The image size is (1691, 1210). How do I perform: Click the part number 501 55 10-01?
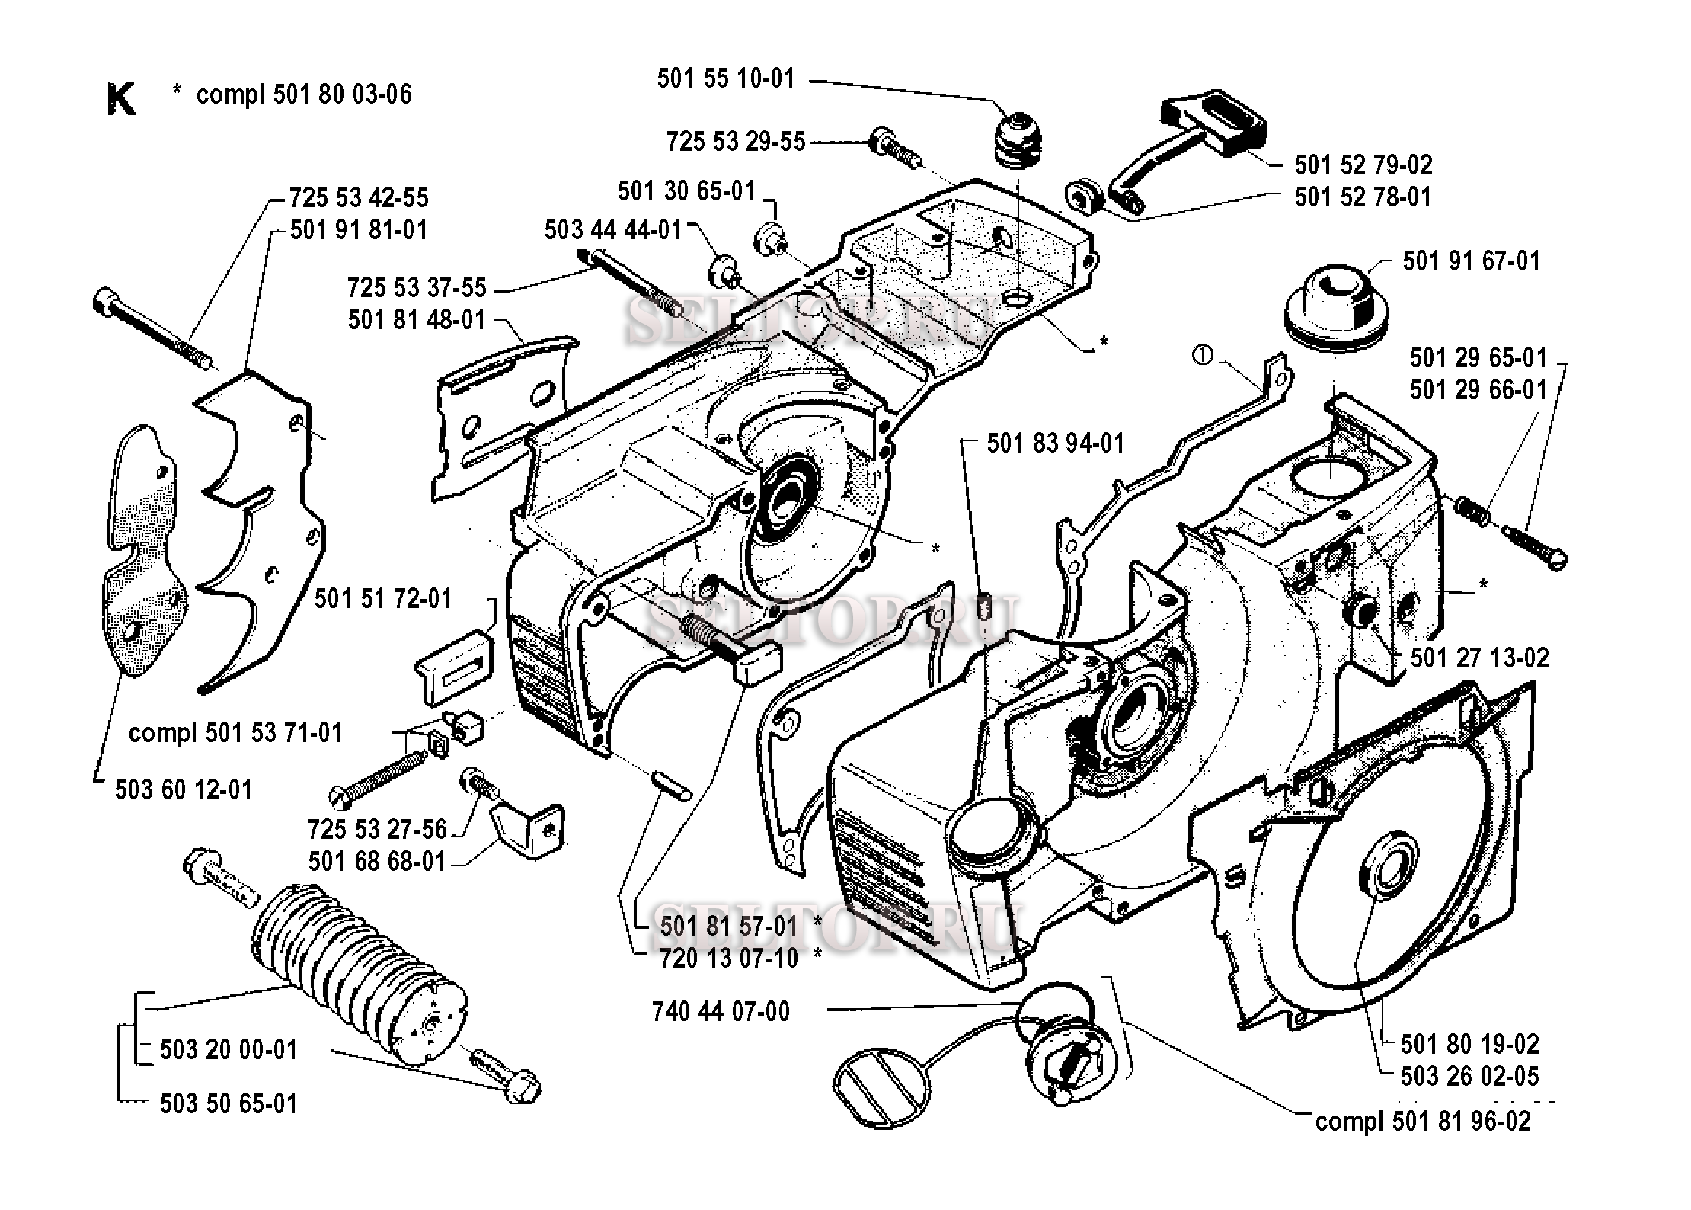click(726, 78)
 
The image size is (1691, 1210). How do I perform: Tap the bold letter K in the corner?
click(121, 99)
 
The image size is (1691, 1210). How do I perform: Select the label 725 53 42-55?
click(359, 198)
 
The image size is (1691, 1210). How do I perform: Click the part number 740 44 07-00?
click(721, 1012)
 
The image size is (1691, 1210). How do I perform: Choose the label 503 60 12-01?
click(184, 790)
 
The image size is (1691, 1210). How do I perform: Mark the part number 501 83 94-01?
click(1055, 443)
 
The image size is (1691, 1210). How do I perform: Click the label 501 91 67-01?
click(1471, 261)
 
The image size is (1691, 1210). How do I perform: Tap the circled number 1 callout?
click(1202, 355)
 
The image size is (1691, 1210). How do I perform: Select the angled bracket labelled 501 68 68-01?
click(529, 827)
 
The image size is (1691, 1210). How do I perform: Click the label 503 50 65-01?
click(229, 1104)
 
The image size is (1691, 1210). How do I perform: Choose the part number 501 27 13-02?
click(1479, 658)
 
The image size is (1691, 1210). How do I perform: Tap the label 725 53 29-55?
click(736, 142)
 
